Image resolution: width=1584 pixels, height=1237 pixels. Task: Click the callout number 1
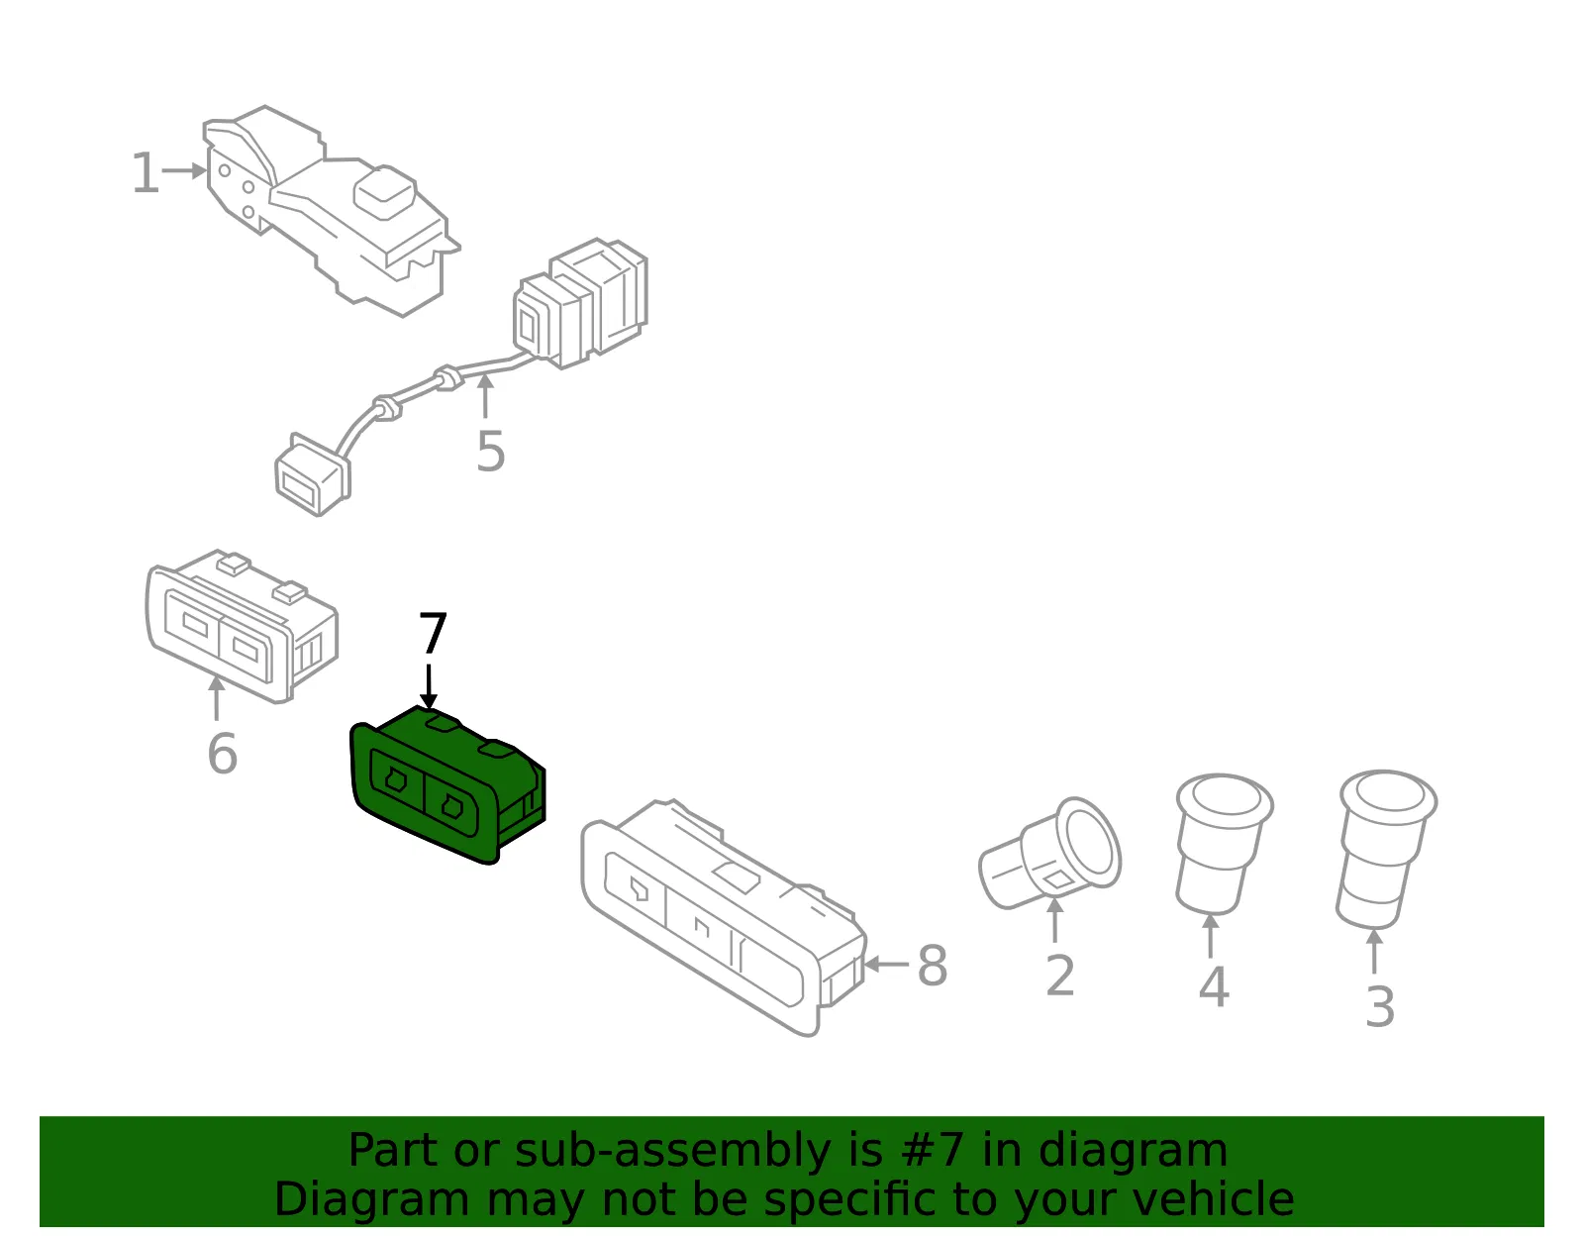pyautogui.click(x=146, y=172)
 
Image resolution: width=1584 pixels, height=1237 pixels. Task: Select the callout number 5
pyautogui.click(x=491, y=452)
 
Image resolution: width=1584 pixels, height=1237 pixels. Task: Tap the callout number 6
pyautogui.click(x=223, y=753)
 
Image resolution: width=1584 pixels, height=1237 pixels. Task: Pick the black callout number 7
pyautogui.click(x=433, y=634)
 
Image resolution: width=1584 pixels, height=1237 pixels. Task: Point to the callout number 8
pyautogui.click(x=933, y=966)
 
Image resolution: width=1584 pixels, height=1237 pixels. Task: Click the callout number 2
pyautogui.click(x=1060, y=977)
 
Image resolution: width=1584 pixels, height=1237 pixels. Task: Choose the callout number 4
pyautogui.click(x=1214, y=987)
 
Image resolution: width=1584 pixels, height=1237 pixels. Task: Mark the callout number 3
pyautogui.click(x=1380, y=1007)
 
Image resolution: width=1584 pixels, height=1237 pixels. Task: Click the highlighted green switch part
pyautogui.click(x=447, y=784)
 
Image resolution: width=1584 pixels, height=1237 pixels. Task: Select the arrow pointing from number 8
pyautogui.click(x=886, y=965)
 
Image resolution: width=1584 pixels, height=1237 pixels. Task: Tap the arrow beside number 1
pyautogui.click(x=184, y=171)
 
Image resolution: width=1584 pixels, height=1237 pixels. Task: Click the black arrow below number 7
pyautogui.click(x=429, y=686)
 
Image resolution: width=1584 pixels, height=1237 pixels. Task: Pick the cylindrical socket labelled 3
pyautogui.click(x=1386, y=850)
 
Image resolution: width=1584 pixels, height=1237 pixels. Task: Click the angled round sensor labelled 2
pyautogui.click(x=1049, y=854)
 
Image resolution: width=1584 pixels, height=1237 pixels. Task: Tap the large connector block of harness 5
pyautogui.click(x=580, y=302)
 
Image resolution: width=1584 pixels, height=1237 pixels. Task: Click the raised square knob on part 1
pyautogui.click(x=384, y=192)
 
